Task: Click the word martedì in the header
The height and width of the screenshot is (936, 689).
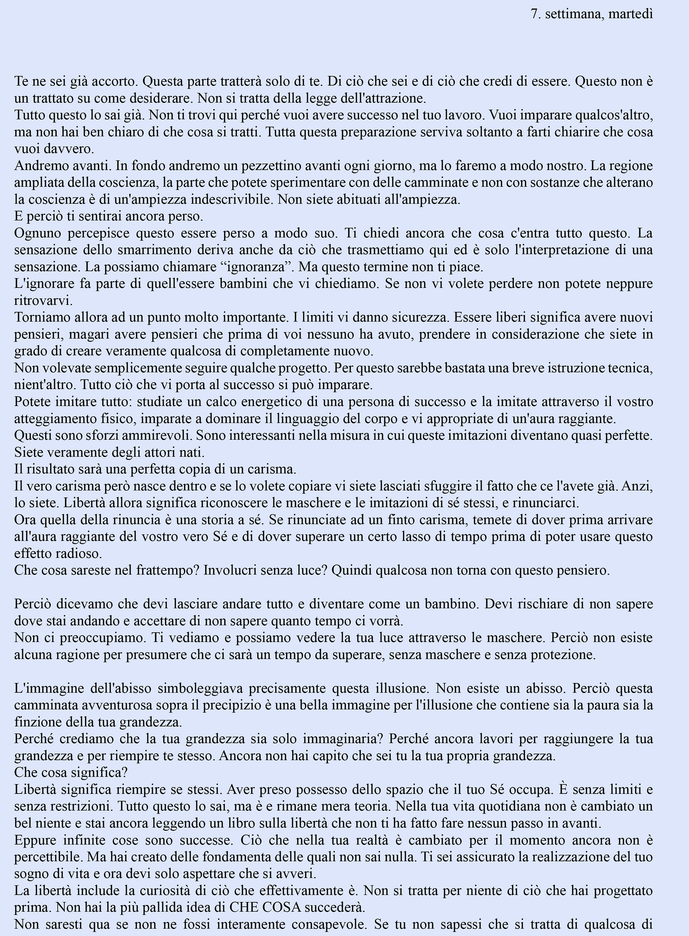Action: point(631,14)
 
